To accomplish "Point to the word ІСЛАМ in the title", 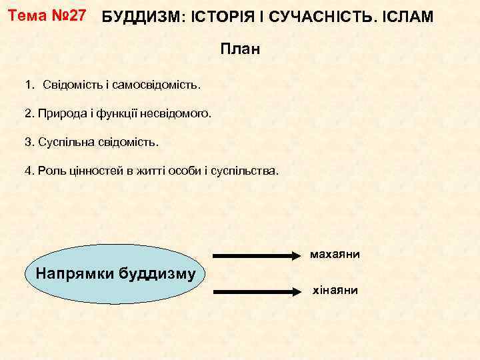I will coord(407,17).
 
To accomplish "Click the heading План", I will coord(239,50).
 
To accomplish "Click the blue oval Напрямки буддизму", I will coord(115,273).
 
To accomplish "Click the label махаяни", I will coord(335,255).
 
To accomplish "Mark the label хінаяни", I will coord(335,291).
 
